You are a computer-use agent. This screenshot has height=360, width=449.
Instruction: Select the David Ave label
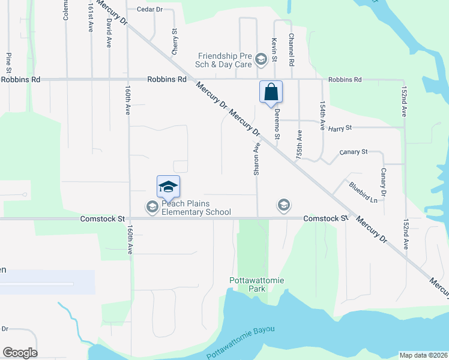click(x=109, y=25)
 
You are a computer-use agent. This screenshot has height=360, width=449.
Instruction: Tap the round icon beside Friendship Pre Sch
click(x=261, y=59)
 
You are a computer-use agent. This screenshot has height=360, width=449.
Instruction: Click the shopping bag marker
click(x=271, y=92)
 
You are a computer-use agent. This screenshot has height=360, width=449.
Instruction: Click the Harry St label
click(x=339, y=127)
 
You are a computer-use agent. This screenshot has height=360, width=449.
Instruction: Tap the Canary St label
click(x=353, y=152)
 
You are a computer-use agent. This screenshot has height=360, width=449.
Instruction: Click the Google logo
click(x=20, y=353)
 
